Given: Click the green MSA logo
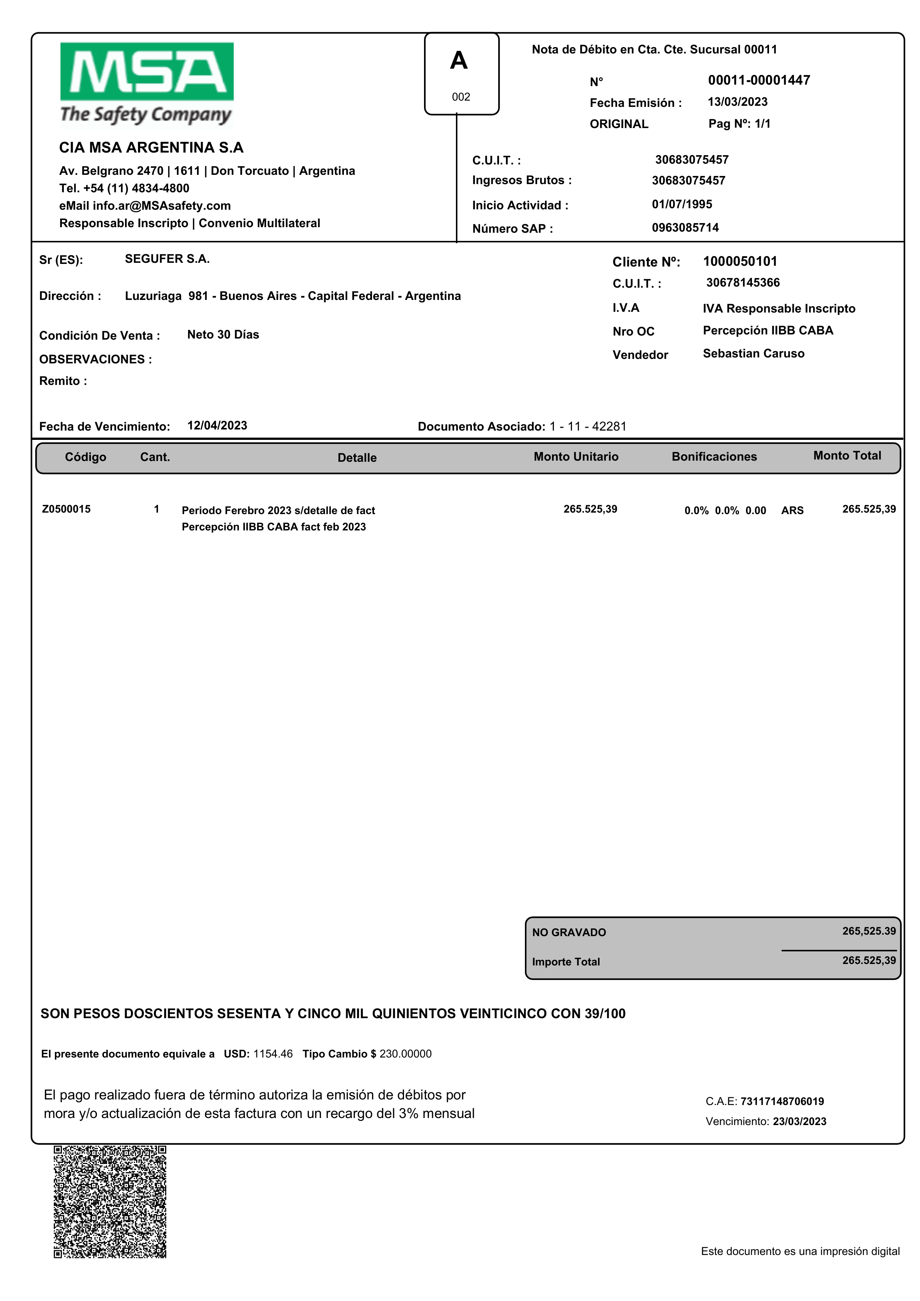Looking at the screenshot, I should coord(147,72).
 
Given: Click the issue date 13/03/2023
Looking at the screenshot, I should coord(737,102).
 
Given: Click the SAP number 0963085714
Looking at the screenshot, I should coord(685,228).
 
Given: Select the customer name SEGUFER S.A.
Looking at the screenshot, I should coord(167,259).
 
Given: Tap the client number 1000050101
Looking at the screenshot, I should coord(740,261).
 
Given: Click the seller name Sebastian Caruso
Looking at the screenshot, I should coord(753,354).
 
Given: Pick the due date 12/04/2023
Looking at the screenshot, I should coord(217,426).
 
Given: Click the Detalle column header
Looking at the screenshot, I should coord(357,457).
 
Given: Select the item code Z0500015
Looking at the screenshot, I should coord(66,509).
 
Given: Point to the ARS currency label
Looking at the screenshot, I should coord(792,510).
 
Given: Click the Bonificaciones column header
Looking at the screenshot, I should coord(714,457).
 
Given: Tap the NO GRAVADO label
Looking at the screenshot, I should coord(569,932).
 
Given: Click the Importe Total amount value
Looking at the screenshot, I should coord(868,960).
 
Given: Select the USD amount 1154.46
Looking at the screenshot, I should coord(273,1054).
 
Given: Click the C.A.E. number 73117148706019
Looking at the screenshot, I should coord(782,1101).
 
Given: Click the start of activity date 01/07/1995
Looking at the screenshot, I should coord(681,205).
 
